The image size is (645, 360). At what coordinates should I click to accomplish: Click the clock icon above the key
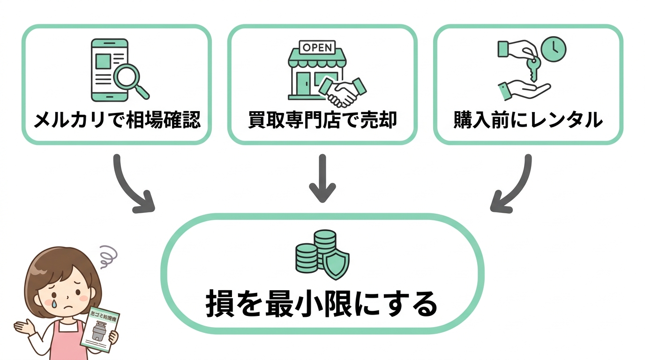(554, 48)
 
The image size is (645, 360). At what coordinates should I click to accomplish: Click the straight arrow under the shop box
(322, 178)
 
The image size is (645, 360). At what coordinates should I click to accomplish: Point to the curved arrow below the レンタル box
(512, 187)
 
